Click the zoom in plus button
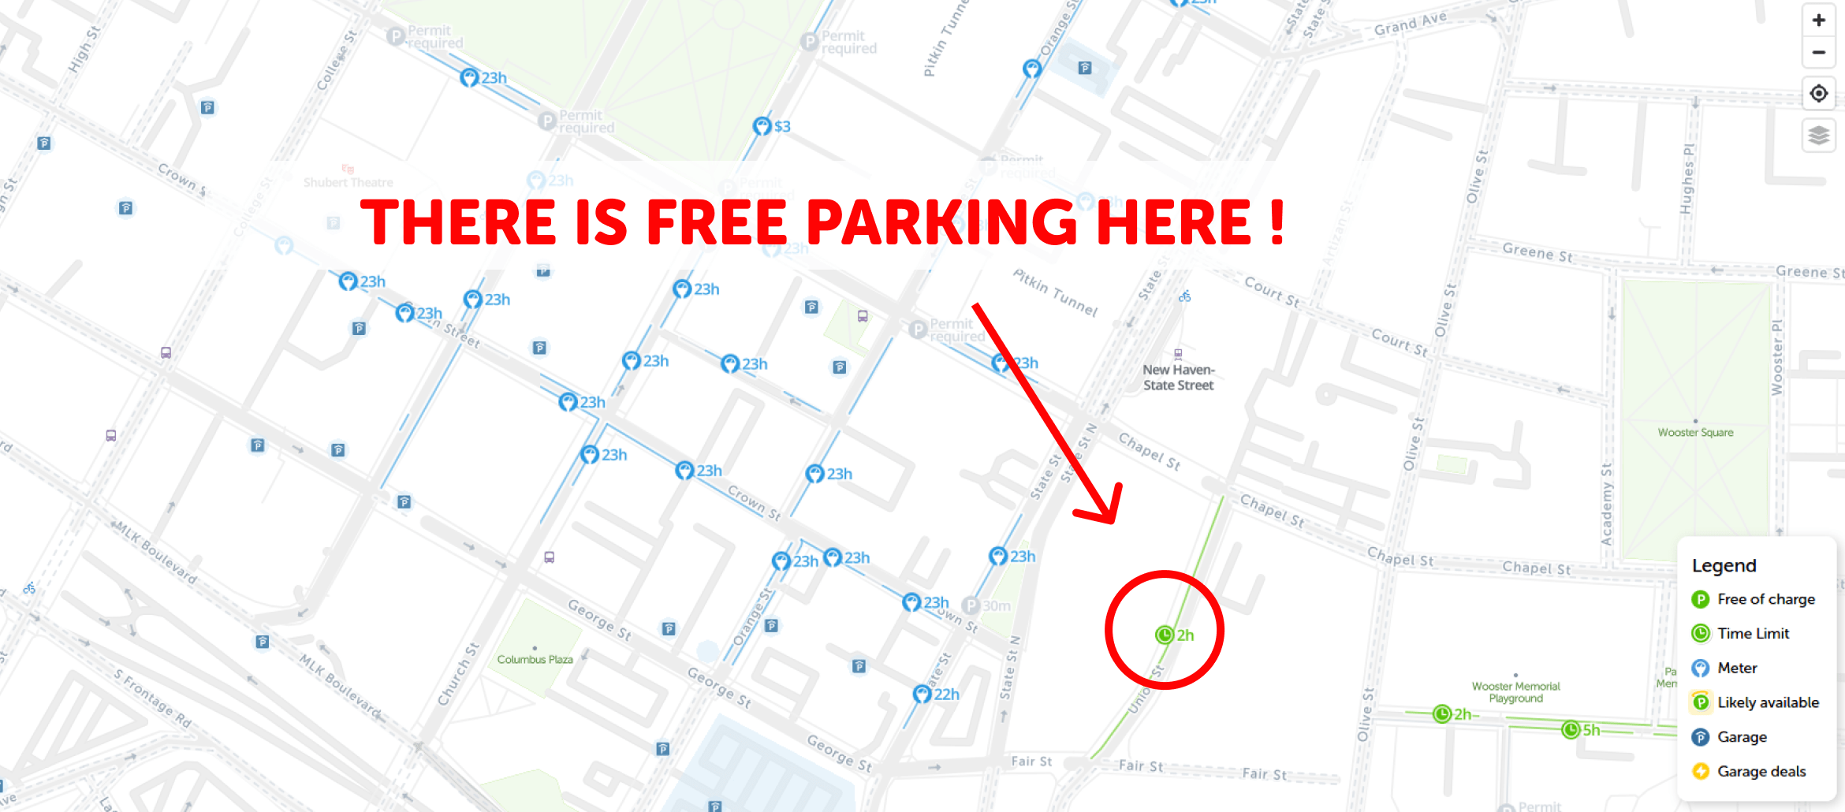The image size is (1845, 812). click(1818, 20)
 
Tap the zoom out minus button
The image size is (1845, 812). click(1818, 53)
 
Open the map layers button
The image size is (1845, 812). click(1818, 136)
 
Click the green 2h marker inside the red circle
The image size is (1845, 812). click(1165, 635)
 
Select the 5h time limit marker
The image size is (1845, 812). click(1571, 730)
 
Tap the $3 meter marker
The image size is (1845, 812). click(762, 126)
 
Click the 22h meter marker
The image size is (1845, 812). click(922, 695)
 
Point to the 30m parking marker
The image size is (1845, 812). click(971, 605)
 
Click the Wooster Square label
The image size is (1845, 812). click(1695, 432)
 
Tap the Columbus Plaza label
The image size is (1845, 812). click(535, 659)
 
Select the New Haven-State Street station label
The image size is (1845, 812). click(1179, 378)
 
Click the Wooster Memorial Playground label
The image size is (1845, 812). click(1515, 692)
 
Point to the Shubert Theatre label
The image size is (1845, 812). click(348, 182)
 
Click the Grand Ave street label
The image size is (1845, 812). click(1410, 24)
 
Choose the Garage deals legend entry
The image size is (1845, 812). click(1761, 771)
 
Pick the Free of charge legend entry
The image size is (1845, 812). click(1765, 599)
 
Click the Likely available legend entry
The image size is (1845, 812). click(1768, 702)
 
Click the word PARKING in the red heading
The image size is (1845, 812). click(941, 222)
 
